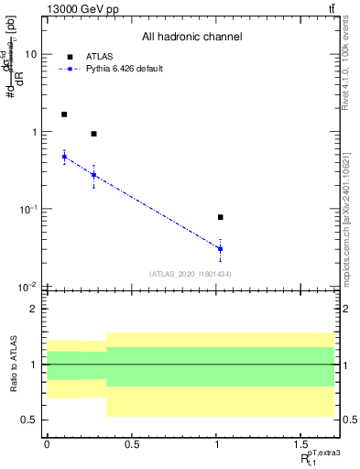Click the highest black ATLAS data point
(x=64, y=115)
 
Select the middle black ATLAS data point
(x=93, y=134)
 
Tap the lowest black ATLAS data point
(x=221, y=217)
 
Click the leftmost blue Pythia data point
(x=64, y=157)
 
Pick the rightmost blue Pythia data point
(x=221, y=248)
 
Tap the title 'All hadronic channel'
(x=191, y=38)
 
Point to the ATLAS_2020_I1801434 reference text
(x=191, y=274)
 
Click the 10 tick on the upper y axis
(x=30, y=55)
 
